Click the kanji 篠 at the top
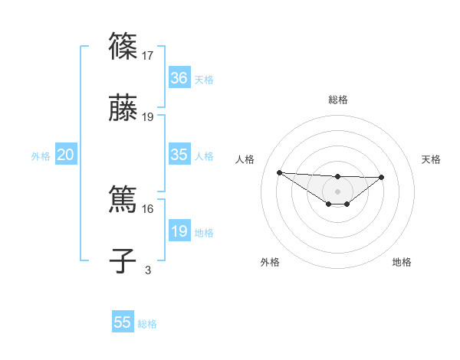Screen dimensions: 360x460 pos(123,47)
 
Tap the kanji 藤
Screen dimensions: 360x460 pos(123,109)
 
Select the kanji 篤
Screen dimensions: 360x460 pos(123,200)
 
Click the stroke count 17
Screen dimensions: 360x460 pos(149,55)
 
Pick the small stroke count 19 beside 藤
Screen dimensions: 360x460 pos(149,117)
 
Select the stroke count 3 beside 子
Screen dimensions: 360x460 pos(148,270)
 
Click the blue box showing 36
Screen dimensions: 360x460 pos(179,78)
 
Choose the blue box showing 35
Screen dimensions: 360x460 pos(179,155)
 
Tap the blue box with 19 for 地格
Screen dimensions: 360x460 pos(179,231)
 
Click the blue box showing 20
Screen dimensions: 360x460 pos(66,155)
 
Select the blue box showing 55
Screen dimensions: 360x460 pos(123,322)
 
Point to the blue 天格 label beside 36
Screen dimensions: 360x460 pos(204,79)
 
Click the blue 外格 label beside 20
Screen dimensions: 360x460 pos(41,155)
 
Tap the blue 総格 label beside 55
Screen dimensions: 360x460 pos(147,323)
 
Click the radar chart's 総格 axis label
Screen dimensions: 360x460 pos(337,100)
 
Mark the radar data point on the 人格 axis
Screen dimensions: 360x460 pos(279,172)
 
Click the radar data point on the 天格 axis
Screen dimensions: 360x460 pos(382,177)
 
